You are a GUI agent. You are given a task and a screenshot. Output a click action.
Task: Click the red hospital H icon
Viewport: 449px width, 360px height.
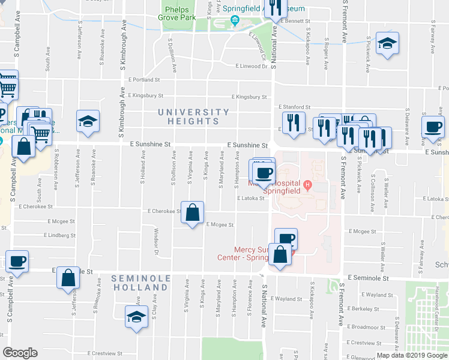(308, 184)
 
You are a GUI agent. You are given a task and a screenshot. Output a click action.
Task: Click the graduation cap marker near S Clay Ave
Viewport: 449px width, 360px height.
(136, 316)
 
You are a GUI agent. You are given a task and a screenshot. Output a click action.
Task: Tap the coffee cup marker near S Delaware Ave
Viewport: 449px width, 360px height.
(433, 127)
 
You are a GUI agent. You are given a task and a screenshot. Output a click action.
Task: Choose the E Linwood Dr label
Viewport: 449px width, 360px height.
(252, 67)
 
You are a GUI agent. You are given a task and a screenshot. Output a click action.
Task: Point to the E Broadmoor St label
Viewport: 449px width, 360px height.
(366, 327)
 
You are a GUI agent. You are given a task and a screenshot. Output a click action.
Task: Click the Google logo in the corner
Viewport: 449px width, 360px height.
(20, 353)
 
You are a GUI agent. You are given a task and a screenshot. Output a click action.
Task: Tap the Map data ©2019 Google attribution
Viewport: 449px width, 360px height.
(411, 355)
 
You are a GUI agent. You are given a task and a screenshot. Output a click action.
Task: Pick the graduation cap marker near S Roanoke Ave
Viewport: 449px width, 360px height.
(88, 121)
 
